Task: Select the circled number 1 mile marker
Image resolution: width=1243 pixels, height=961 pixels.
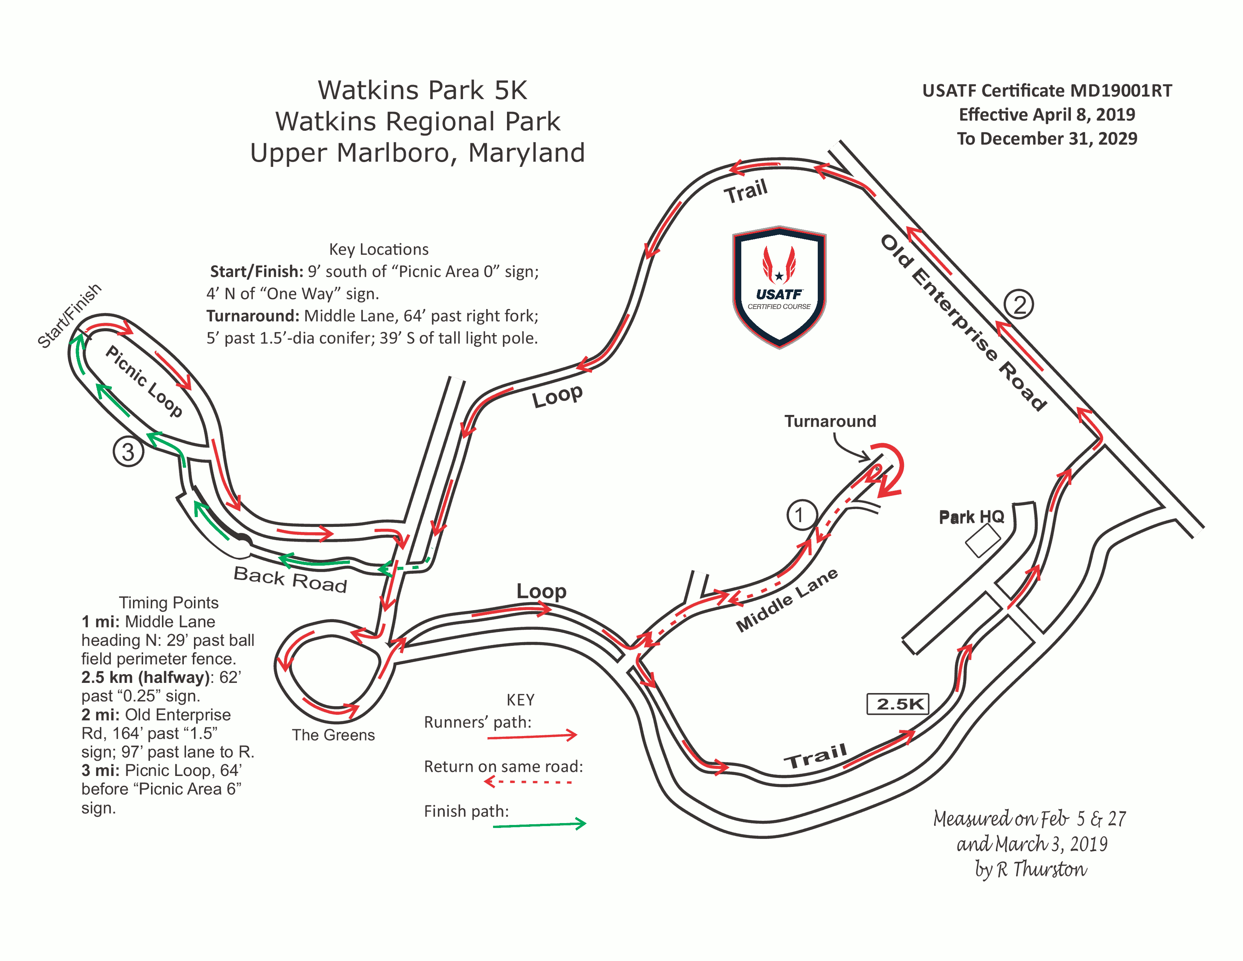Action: pyautogui.click(x=802, y=515)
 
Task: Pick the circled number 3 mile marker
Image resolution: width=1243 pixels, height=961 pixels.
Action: pyautogui.click(x=128, y=452)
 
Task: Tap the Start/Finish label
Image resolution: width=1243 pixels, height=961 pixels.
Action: pyautogui.click(x=69, y=315)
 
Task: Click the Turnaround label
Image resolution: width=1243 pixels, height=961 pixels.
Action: pyautogui.click(x=831, y=421)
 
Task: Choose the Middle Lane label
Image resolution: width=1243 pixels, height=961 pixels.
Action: pyautogui.click(x=786, y=600)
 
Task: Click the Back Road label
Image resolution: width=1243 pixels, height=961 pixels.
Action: pyautogui.click(x=290, y=580)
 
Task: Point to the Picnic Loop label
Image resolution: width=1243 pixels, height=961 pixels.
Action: pyautogui.click(x=144, y=381)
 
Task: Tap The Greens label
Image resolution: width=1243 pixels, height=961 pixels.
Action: pyautogui.click(x=333, y=735)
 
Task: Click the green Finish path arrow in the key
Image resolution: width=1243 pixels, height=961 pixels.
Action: pyautogui.click(x=539, y=824)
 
